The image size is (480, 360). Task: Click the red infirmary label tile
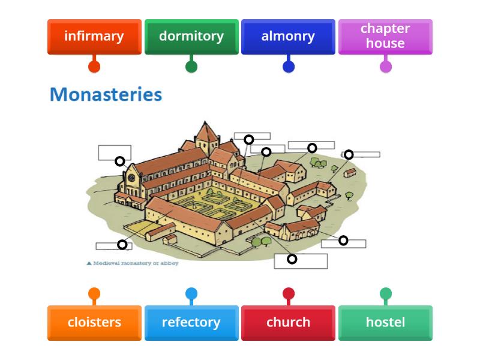coord(94,36)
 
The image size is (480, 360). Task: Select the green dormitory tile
coord(191,36)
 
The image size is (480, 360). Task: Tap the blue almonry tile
coord(288,36)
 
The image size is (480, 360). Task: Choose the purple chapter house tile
coord(385,36)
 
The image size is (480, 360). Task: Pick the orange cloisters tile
coord(94,322)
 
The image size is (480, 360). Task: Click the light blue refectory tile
coord(191,322)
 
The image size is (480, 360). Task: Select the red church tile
coord(288,322)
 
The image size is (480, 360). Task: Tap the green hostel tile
coord(385,322)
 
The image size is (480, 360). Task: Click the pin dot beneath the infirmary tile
coord(94,67)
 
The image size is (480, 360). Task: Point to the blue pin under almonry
coord(289,67)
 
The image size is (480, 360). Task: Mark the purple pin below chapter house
coord(386,67)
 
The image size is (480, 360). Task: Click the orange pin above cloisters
coord(94,293)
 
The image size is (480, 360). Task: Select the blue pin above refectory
coord(191,293)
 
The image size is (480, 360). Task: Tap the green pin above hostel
coord(386,293)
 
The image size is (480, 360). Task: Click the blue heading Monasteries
coord(106,94)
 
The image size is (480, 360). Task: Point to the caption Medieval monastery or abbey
coord(136,263)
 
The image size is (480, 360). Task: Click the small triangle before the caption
coord(89,263)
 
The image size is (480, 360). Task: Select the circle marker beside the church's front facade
coord(120,161)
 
